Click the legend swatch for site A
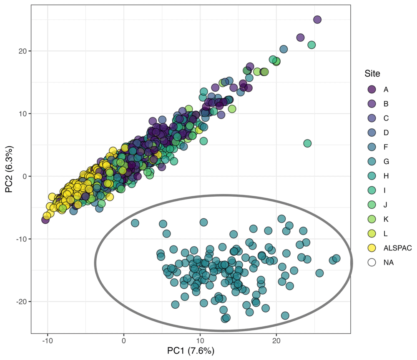pyautogui.click(x=372, y=89)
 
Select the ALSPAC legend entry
pyautogui.click(x=372, y=248)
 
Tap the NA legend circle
pyautogui.click(x=372, y=262)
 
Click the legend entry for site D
pyautogui.click(x=372, y=132)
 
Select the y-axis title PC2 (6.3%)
pyautogui.click(x=9, y=169)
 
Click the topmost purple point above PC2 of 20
pyautogui.click(x=317, y=20)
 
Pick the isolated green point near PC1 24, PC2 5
pyautogui.click(x=307, y=143)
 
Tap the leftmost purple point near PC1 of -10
pyautogui.click(x=45, y=220)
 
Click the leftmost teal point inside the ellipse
pyautogui.click(x=135, y=223)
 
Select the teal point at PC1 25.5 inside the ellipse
pyautogui.click(x=319, y=273)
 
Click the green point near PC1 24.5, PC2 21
pyautogui.click(x=311, y=45)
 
